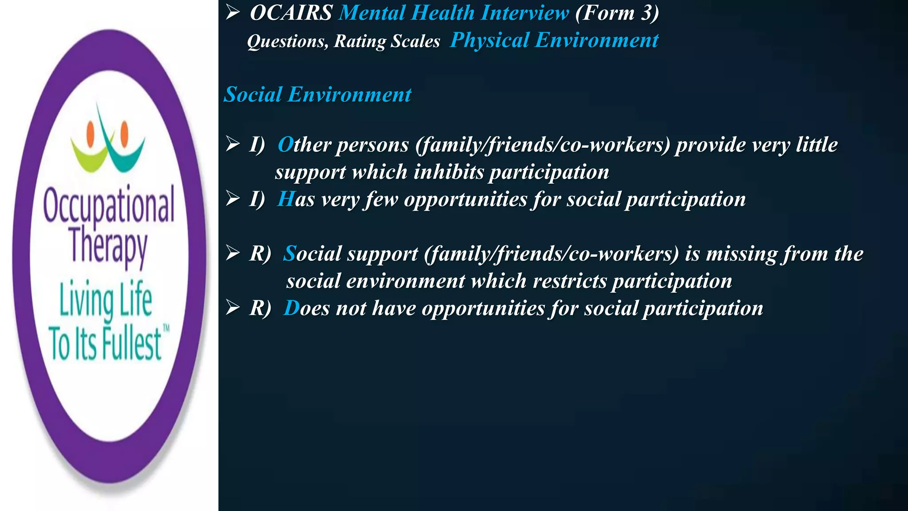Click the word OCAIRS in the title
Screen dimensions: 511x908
[x=291, y=13]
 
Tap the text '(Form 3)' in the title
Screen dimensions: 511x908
[x=617, y=13]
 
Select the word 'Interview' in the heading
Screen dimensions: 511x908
[x=524, y=13]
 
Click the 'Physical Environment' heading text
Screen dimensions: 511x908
[x=554, y=40]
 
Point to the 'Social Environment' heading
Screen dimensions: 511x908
[x=317, y=94]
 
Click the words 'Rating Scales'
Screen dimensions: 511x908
[x=387, y=41]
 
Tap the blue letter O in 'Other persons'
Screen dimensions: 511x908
[x=286, y=145]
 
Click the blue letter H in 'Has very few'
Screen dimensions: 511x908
[x=286, y=199]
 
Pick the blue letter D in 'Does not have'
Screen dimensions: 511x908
[x=292, y=308]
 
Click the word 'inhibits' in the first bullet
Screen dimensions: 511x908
[x=448, y=172]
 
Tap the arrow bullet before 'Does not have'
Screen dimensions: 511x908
[x=233, y=307]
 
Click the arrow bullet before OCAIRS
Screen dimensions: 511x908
[x=233, y=12]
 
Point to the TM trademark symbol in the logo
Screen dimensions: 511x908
[x=166, y=328]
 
